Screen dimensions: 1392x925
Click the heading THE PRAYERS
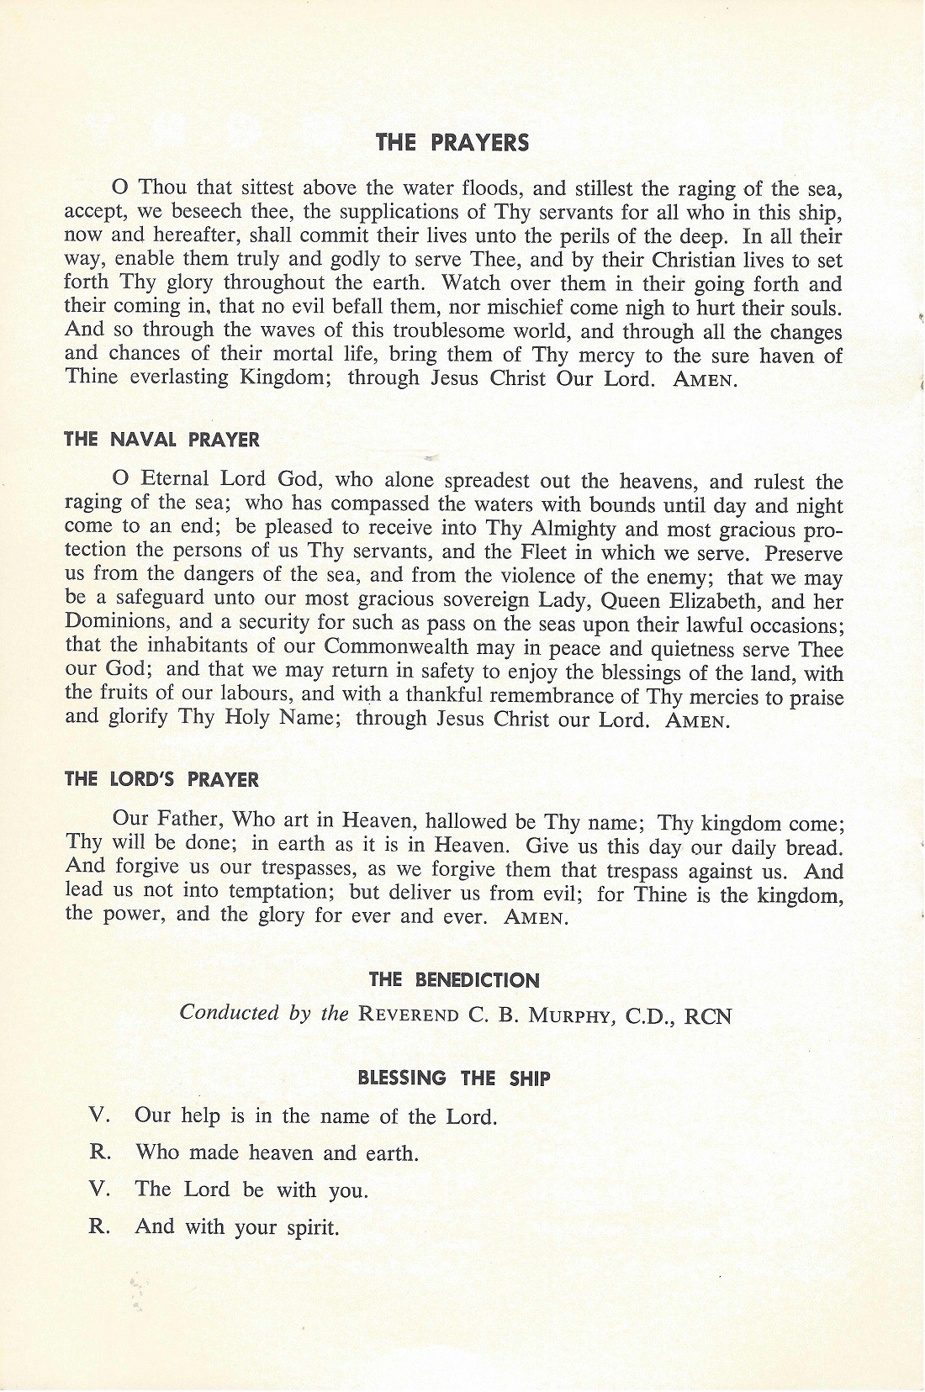pos(452,143)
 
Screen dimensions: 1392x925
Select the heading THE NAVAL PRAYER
pos(161,440)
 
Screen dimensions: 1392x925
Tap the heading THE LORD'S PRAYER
pos(161,779)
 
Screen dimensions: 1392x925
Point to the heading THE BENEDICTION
pos(453,980)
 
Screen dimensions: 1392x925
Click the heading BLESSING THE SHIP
pos(453,1078)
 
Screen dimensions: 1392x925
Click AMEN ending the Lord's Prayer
pos(536,918)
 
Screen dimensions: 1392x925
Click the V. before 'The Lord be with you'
pos(101,1189)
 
